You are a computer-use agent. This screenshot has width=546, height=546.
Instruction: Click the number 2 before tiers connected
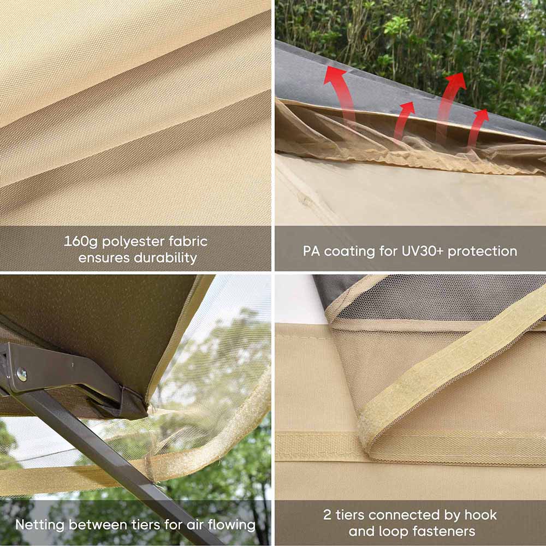[x=327, y=515]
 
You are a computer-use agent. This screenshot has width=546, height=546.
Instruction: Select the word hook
[x=481, y=515]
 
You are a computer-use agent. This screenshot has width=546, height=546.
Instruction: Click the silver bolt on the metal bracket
[x=22, y=375]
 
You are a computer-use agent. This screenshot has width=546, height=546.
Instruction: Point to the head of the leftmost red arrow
[x=335, y=75]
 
